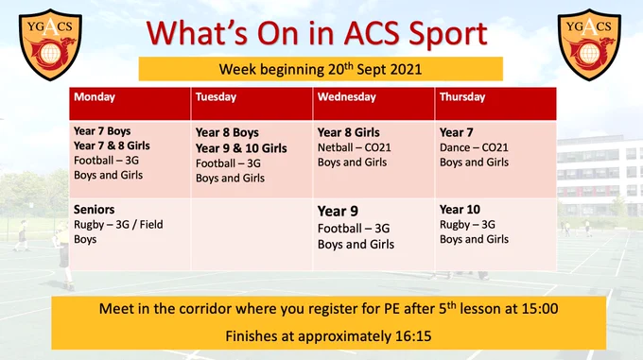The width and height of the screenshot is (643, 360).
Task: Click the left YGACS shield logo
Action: click(50, 44)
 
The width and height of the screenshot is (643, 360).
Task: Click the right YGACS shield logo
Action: click(589, 44)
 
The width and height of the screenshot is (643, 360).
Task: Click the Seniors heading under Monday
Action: click(94, 210)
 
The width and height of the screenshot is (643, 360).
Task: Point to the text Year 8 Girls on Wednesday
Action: click(349, 132)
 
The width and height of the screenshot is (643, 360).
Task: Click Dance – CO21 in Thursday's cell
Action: click(474, 147)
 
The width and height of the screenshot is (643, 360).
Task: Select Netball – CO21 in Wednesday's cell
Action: click(355, 147)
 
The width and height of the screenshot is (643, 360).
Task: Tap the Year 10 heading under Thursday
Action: click(460, 210)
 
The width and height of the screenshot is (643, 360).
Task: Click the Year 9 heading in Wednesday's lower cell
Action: click(338, 212)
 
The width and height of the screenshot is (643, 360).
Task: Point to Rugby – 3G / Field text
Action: click(118, 225)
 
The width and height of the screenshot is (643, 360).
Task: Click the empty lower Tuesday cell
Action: click(252, 234)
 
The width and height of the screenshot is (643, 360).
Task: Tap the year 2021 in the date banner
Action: click(406, 69)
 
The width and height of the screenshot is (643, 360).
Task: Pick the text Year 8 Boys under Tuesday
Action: click(227, 132)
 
